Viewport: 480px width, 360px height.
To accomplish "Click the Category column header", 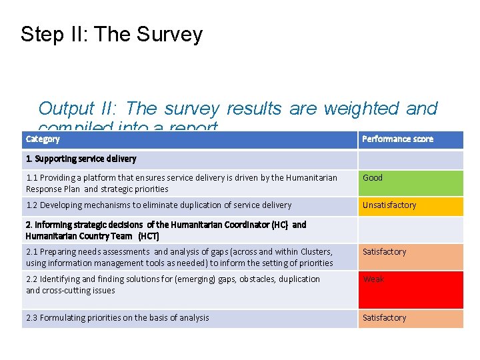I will tap(43, 139).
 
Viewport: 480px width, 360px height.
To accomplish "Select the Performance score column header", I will tap(397, 139).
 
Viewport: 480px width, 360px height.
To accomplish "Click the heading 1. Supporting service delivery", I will tap(81, 159).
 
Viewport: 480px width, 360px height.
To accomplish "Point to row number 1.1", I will tap(32, 178).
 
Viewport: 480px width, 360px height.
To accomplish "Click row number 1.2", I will tap(32, 205).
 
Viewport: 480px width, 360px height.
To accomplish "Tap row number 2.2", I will tap(32, 279).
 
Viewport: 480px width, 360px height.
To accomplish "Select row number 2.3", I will tap(32, 318).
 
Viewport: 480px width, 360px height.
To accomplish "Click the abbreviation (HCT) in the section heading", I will tap(149, 236).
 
